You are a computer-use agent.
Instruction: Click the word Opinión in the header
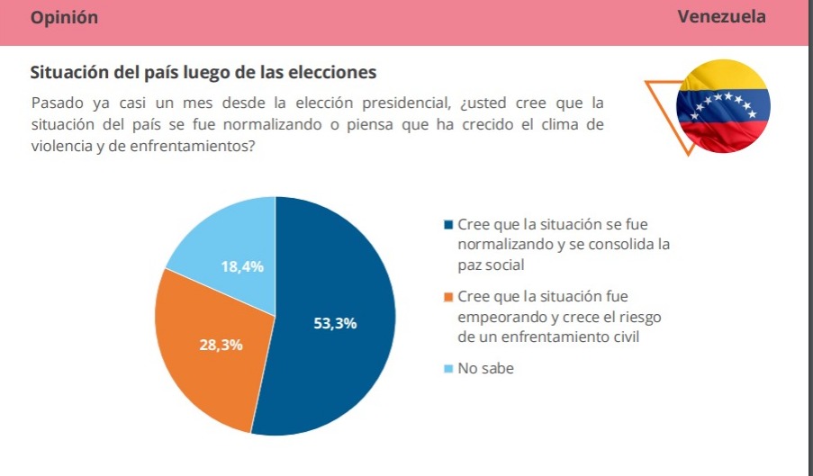(x=64, y=18)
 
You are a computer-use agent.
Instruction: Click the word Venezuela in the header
(x=721, y=17)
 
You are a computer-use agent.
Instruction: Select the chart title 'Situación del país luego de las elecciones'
(x=203, y=72)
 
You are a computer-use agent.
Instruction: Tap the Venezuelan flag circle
(x=723, y=107)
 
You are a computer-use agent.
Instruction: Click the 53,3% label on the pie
(x=335, y=324)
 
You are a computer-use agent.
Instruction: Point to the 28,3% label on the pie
(x=221, y=346)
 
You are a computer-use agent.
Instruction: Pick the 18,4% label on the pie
(x=243, y=266)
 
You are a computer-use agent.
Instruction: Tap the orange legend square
(x=448, y=297)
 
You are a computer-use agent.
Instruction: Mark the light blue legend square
(x=448, y=369)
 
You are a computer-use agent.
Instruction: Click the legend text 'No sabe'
(x=486, y=369)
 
